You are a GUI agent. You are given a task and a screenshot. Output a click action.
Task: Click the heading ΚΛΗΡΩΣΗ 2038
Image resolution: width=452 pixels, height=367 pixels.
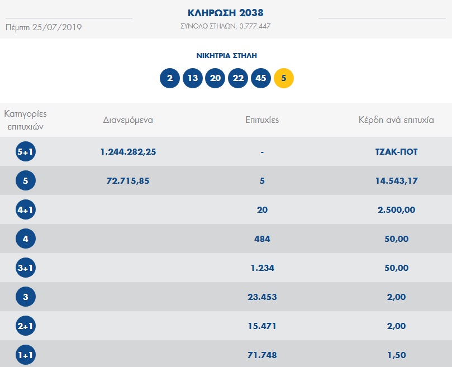[226, 12]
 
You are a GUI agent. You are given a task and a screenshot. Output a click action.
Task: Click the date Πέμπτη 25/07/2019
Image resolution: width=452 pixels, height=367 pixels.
[44, 27]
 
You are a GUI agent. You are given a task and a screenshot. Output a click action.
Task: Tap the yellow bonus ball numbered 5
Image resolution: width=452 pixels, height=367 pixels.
[284, 78]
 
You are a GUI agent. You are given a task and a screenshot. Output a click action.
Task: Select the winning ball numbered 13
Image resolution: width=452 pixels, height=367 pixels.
[193, 78]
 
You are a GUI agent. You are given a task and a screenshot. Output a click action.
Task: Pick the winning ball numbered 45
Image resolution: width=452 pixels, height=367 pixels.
[261, 78]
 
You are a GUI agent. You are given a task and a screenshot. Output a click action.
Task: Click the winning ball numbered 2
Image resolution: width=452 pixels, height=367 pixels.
[170, 78]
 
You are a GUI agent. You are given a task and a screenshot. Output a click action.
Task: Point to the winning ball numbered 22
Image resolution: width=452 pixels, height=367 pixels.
[238, 78]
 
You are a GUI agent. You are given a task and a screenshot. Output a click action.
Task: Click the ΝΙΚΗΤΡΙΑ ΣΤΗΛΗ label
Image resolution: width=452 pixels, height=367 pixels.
[226, 56]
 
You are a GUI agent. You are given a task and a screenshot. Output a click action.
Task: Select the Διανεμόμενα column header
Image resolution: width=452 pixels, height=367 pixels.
[128, 120]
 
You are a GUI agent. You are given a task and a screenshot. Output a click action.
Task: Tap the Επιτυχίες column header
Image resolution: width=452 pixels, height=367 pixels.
[262, 120]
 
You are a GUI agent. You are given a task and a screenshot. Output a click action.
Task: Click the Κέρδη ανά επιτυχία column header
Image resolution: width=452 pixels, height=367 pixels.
[396, 120]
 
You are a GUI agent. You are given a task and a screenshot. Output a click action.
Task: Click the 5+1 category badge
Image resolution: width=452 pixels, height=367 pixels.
[26, 152]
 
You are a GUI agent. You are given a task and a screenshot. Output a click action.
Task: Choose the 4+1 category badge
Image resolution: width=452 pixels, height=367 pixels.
[26, 210]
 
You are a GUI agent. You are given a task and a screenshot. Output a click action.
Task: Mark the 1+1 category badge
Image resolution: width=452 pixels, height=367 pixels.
[26, 355]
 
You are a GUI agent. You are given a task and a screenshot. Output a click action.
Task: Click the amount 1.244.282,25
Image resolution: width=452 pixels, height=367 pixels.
[128, 152]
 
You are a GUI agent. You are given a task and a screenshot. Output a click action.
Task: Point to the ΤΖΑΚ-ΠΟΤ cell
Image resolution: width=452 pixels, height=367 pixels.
[397, 152]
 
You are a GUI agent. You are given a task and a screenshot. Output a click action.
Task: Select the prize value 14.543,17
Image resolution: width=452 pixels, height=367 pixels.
[397, 181]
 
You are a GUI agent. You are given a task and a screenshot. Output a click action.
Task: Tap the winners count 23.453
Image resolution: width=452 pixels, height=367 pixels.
[262, 297]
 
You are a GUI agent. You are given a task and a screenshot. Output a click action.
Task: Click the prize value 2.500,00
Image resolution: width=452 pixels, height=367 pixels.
[397, 210]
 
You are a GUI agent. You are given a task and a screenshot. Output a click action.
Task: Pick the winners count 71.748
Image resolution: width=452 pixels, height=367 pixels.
[262, 355]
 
